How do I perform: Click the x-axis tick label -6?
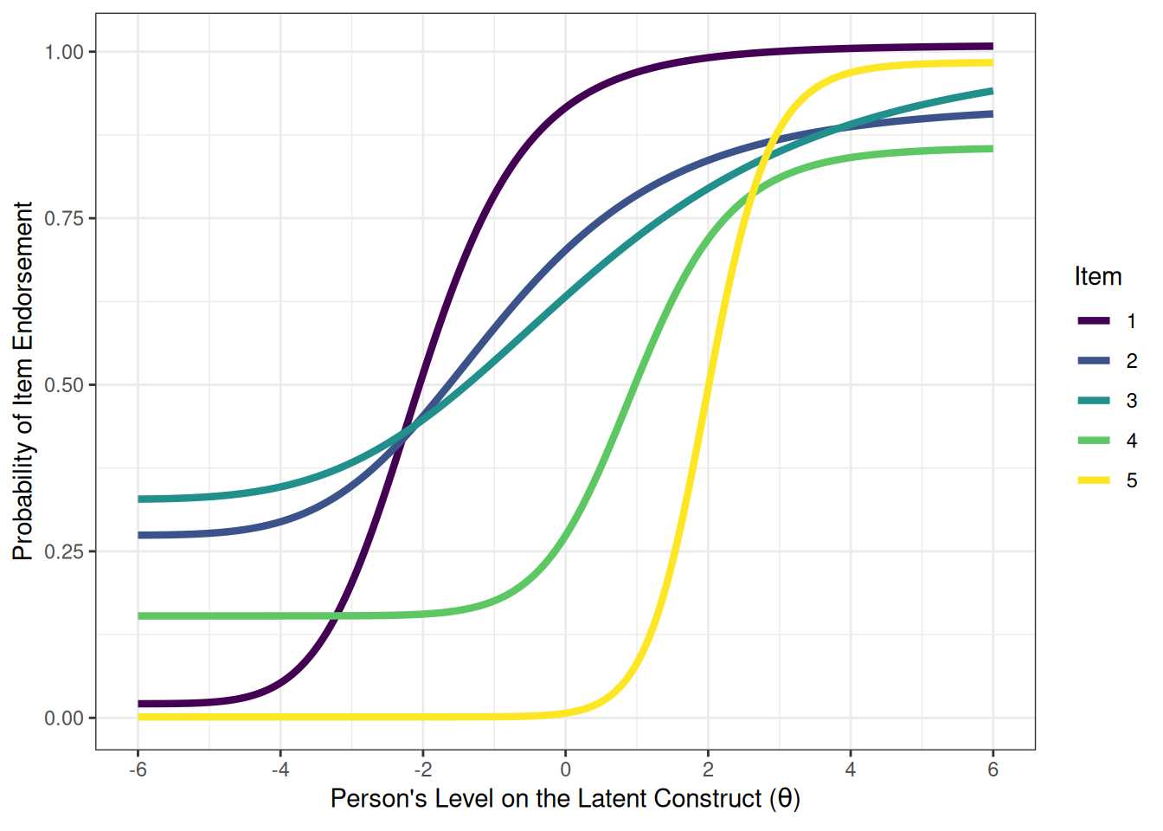click(137, 770)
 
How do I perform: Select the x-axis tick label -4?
click(280, 770)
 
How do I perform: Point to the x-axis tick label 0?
click(565, 770)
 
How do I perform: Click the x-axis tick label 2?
click(708, 770)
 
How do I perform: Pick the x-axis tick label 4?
click(850, 770)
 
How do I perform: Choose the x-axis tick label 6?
click(993, 770)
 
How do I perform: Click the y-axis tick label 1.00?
click(64, 52)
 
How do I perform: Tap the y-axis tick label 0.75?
click(64, 218)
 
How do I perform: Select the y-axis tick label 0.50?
click(64, 385)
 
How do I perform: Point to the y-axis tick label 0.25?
click(64, 551)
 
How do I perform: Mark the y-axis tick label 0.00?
click(64, 718)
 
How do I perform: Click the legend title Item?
click(1097, 277)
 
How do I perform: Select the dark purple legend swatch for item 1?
click(1094, 321)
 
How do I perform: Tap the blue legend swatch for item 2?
click(1094, 361)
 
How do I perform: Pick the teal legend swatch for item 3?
click(1094, 401)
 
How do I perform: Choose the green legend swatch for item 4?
click(1094, 441)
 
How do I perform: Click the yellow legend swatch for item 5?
click(1094, 480)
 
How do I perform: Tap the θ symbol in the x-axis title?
click(784, 798)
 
